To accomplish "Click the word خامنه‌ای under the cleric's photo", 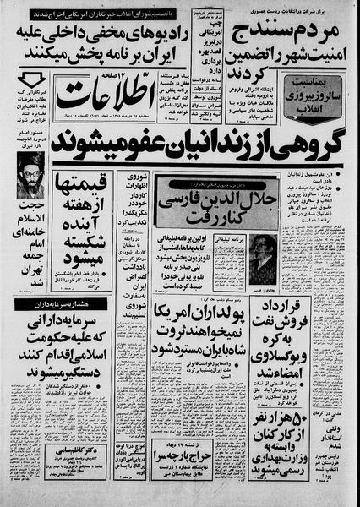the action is coord(32,269).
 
